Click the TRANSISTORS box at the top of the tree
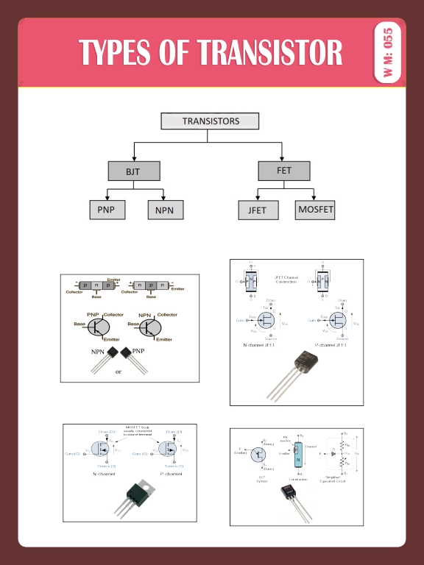[x=211, y=121]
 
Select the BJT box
[x=132, y=171]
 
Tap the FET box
[x=283, y=171]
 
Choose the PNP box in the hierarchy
[x=106, y=210]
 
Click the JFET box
[x=258, y=210]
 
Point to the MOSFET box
[x=315, y=210]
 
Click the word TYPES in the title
[x=114, y=53]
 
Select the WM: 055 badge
[x=388, y=54]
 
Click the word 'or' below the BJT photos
[x=118, y=372]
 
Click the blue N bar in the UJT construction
[x=299, y=458]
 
